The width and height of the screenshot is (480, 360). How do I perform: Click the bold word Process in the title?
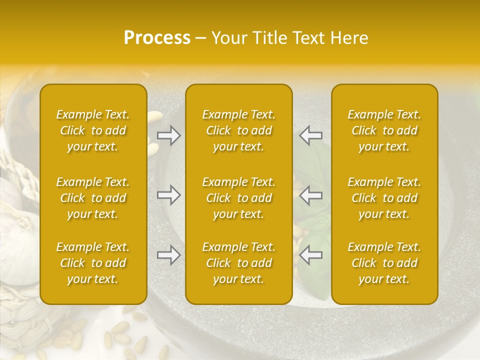click(157, 38)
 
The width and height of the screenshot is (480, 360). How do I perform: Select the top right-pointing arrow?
click(169, 135)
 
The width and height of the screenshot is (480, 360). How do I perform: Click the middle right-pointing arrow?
click(169, 195)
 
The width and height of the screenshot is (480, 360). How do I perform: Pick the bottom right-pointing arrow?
click(169, 255)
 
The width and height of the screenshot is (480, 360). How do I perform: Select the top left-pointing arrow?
click(310, 135)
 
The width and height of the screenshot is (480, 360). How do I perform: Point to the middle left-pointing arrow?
click(310, 195)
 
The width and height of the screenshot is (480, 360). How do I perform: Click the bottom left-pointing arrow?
click(310, 255)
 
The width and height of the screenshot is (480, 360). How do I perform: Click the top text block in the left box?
click(93, 130)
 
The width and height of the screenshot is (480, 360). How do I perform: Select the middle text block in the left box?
click(93, 198)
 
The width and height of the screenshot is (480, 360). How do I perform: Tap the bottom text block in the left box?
click(93, 263)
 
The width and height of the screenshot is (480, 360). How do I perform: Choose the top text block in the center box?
click(238, 130)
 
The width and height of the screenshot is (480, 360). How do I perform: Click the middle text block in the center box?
click(238, 198)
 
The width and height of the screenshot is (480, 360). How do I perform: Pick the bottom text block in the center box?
click(238, 263)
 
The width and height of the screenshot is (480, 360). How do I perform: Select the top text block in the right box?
click(384, 130)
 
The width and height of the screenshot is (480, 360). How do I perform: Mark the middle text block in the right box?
click(384, 198)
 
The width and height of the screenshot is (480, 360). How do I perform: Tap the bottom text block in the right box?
click(384, 263)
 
